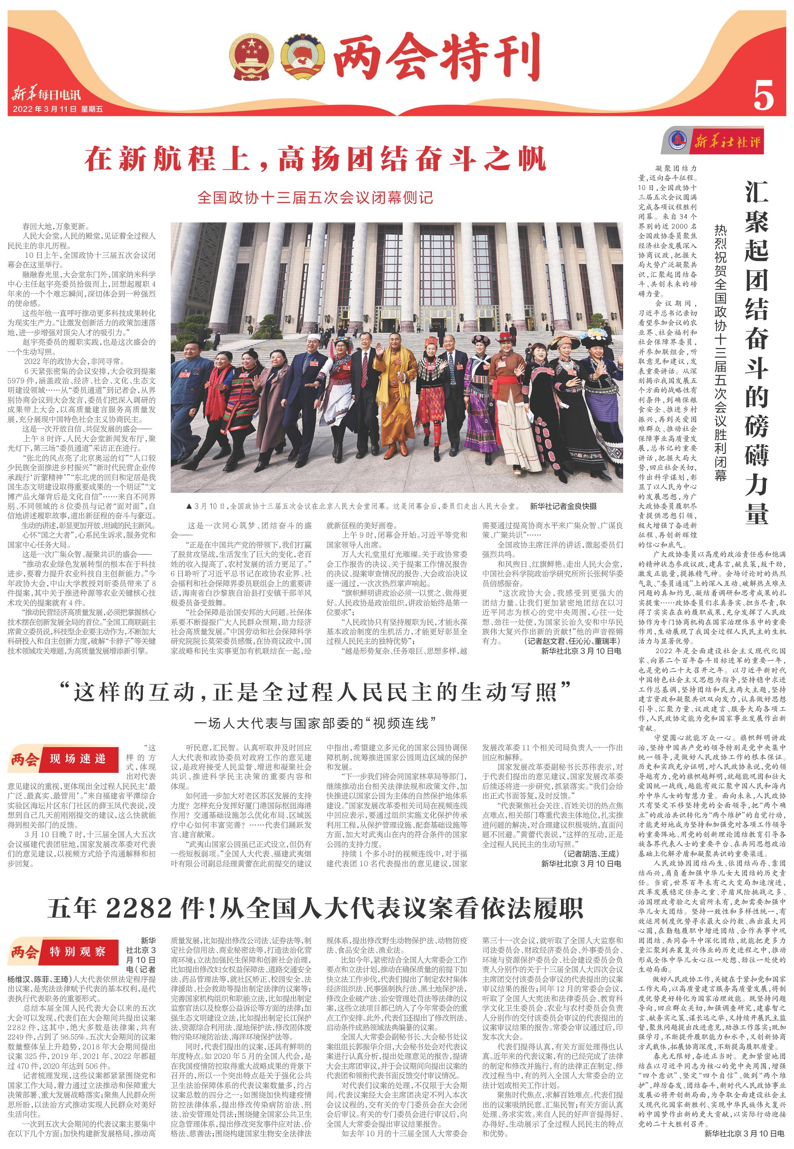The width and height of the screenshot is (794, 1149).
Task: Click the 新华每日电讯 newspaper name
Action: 46,95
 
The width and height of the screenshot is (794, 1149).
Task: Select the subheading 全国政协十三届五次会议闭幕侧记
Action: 316,197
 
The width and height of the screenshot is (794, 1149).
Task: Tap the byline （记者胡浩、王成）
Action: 592,854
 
